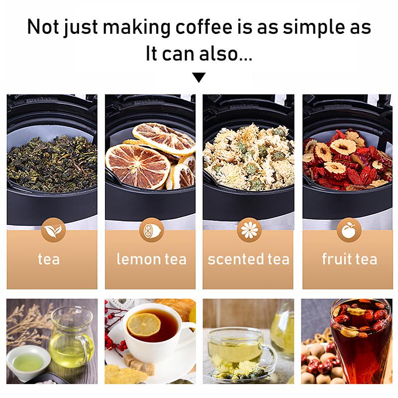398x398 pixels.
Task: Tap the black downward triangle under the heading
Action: pyautogui.click(x=199, y=77)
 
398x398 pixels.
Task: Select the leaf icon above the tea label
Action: pyautogui.click(x=52, y=230)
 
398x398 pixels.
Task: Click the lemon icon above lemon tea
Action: pyautogui.click(x=150, y=230)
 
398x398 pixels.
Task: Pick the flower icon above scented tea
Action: pyautogui.click(x=248, y=230)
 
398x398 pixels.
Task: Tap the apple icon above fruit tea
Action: pyautogui.click(x=348, y=230)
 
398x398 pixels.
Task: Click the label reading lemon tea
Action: pyautogui.click(x=151, y=259)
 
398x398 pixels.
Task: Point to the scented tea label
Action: pyautogui.click(x=248, y=259)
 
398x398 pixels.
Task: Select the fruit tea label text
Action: pyautogui.click(x=349, y=259)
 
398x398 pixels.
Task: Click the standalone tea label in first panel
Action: pyautogui.click(x=49, y=259)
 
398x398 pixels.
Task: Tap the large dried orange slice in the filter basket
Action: pyautogui.click(x=138, y=165)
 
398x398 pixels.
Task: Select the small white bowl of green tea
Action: pyautogui.click(x=27, y=362)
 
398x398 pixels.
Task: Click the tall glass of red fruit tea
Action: pyautogui.click(x=360, y=343)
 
